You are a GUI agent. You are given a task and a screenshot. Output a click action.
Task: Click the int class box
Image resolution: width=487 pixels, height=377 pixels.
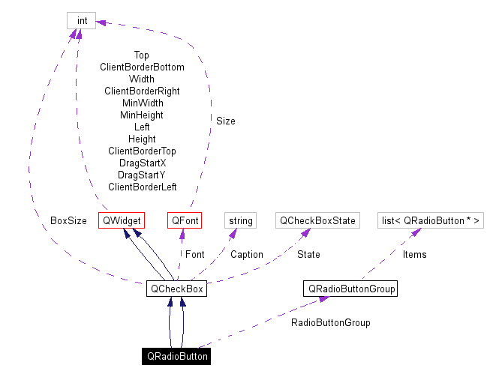(81, 20)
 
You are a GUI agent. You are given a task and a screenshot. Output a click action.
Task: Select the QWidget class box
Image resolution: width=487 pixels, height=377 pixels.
(121, 220)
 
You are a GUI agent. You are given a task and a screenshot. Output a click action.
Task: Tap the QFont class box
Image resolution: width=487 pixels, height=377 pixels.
(184, 220)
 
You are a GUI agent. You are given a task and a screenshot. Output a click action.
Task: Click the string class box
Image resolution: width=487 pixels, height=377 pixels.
(240, 220)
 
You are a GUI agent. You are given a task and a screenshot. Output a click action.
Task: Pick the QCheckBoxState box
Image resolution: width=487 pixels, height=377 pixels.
(317, 220)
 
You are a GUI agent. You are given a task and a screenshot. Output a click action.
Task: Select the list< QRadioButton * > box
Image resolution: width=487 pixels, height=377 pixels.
(430, 220)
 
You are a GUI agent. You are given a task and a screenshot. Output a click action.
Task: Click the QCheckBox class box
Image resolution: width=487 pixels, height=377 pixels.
(176, 289)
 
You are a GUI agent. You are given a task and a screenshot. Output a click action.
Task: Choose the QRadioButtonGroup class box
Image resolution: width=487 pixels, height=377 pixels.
(350, 289)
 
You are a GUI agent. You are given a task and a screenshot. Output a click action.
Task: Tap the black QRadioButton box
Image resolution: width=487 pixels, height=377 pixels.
(176, 356)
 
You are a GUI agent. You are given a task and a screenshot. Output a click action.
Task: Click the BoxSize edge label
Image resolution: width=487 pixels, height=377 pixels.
(68, 221)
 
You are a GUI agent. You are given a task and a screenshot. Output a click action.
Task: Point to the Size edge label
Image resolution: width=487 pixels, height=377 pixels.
(225, 121)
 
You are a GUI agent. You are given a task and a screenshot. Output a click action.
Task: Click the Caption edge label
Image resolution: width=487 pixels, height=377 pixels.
(246, 255)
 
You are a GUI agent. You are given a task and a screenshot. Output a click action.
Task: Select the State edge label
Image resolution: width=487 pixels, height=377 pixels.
(308, 255)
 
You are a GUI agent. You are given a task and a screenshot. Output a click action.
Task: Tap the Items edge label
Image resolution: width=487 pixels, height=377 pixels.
(414, 255)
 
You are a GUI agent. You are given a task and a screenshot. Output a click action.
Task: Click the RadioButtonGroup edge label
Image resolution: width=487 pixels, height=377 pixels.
(330, 323)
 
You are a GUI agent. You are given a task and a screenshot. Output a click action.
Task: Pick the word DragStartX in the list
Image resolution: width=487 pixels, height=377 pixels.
(142, 163)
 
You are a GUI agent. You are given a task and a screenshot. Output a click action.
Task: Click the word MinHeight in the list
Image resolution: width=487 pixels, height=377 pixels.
(142, 115)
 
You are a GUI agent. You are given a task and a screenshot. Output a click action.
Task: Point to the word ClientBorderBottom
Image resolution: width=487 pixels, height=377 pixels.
(142, 67)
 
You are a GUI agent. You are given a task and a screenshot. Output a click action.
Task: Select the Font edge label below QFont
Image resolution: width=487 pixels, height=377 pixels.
(194, 255)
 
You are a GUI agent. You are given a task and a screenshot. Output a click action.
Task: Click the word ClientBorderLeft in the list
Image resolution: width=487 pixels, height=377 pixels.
(142, 187)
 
